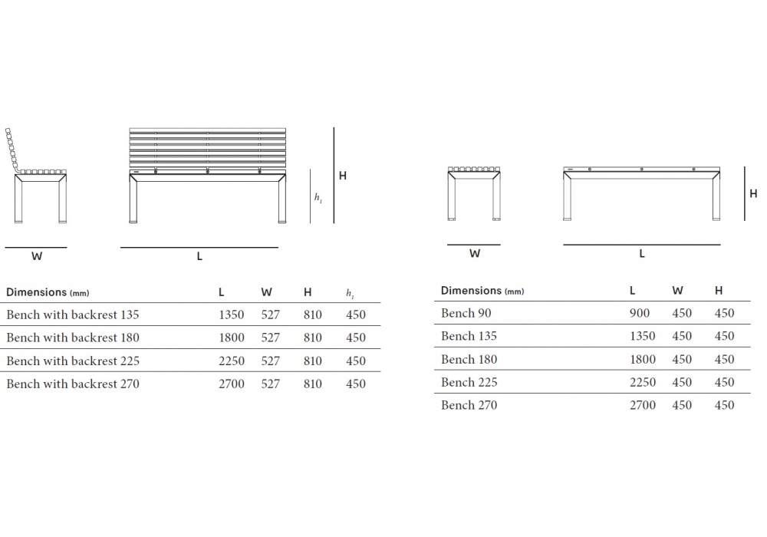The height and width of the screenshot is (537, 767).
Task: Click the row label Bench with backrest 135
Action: click(x=72, y=315)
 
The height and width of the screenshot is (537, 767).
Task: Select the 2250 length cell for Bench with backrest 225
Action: click(x=232, y=361)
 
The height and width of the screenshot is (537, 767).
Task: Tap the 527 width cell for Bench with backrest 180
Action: click(x=271, y=338)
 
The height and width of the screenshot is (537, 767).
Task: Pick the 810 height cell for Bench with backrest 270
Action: click(x=313, y=384)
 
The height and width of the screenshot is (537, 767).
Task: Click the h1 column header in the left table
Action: click(x=350, y=293)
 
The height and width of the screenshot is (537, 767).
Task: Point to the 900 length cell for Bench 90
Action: click(x=640, y=313)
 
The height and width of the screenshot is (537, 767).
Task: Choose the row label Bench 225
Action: click(x=469, y=382)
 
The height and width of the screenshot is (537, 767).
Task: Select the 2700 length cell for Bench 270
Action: click(x=642, y=405)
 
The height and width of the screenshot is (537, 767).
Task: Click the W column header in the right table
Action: click(x=677, y=291)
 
